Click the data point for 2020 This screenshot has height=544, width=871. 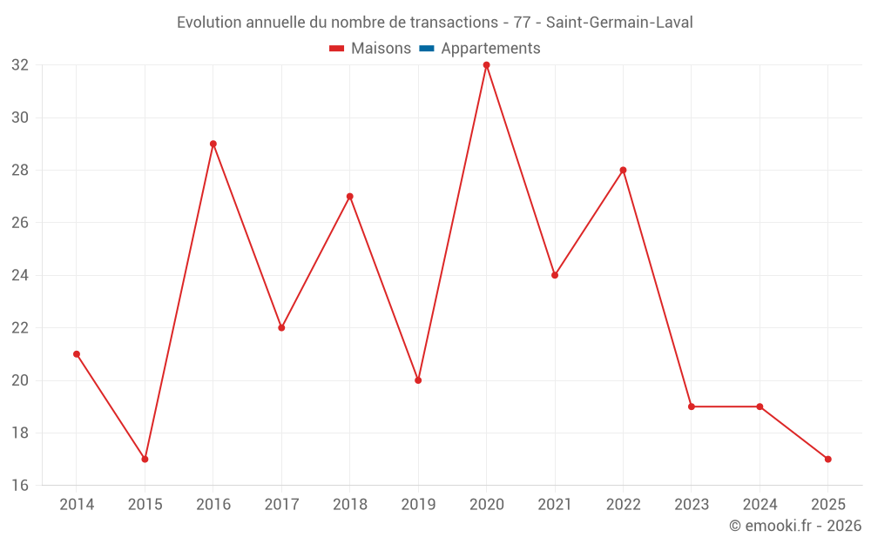tap(487, 65)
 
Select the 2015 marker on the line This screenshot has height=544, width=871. tap(145, 459)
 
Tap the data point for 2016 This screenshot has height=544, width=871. tap(213, 144)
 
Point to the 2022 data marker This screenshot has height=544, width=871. tap(624, 171)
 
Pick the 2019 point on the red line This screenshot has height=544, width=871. tap(418, 380)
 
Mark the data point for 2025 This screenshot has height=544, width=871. tap(828, 459)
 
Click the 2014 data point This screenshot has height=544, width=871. tap(77, 354)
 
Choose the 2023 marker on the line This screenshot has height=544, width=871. tap(692, 406)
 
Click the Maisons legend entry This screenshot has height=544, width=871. tap(370, 48)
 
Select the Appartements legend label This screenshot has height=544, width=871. tap(490, 48)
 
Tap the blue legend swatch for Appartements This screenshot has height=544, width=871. tap(427, 48)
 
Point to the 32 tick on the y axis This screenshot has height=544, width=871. tap(20, 65)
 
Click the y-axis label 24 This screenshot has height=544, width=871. tap(20, 275)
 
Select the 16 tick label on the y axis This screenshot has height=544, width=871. tap(20, 485)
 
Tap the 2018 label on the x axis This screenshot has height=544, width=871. tap(350, 504)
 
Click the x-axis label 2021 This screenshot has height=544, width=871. tap(555, 504)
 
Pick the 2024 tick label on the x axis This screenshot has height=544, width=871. tap(760, 504)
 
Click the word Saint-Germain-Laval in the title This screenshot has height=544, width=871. tap(619, 23)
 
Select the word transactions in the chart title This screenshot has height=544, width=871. tap(454, 23)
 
